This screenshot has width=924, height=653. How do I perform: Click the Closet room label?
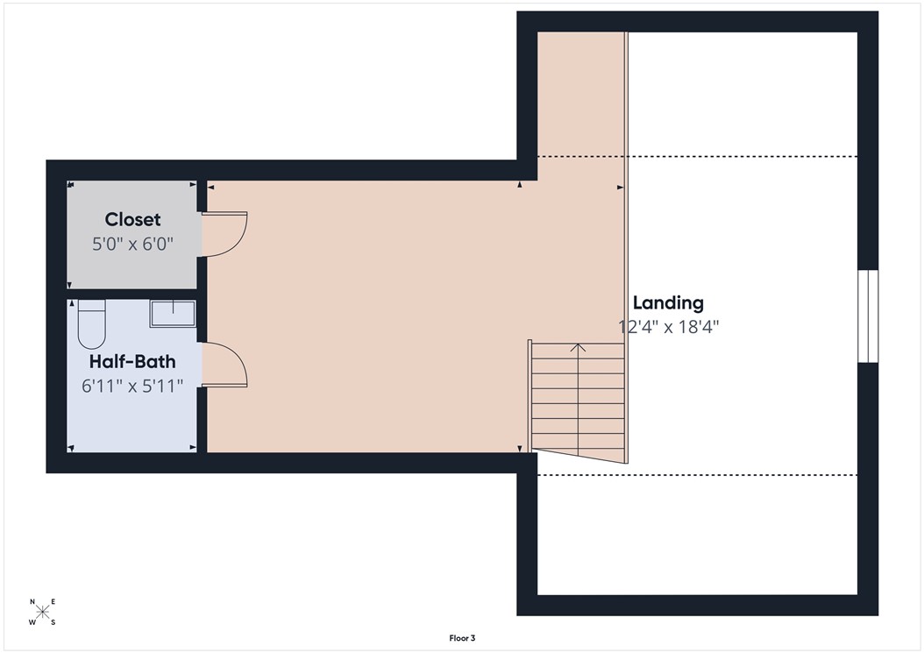tap(132, 219)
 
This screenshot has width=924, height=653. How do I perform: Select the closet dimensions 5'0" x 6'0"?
tap(132, 244)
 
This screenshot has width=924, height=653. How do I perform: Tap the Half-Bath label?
tap(132, 361)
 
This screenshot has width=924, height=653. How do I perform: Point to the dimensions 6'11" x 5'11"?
tap(132, 386)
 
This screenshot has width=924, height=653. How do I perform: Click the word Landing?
tap(668, 303)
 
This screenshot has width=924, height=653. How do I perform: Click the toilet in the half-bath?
tap(91, 323)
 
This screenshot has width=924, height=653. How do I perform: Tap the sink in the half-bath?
tap(173, 313)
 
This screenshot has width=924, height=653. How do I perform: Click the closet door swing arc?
tap(230, 234)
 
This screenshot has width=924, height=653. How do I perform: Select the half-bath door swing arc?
tap(230, 365)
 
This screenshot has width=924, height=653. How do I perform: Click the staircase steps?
tap(578, 399)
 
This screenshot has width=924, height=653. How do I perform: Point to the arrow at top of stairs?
tap(578, 348)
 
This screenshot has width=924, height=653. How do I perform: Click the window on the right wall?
tap(867, 316)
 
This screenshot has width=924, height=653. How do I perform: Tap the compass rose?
tap(43, 612)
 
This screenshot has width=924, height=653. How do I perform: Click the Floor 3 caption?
tap(462, 639)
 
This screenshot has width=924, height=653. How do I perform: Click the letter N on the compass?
tap(32, 602)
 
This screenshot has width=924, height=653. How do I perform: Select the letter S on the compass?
tap(53, 622)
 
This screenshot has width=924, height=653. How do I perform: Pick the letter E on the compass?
tap(53, 601)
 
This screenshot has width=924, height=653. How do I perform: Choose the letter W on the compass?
tap(32, 622)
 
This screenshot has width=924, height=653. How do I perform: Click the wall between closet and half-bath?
tap(132, 294)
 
